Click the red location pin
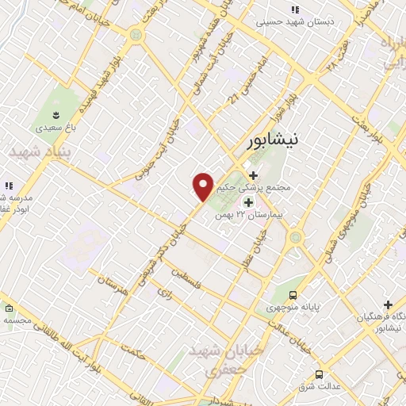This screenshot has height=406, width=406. pos(203,186)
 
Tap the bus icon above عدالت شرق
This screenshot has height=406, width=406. pos(319,373)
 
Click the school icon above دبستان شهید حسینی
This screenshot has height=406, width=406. pos(294,10)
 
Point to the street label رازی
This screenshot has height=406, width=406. pos(165,293)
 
